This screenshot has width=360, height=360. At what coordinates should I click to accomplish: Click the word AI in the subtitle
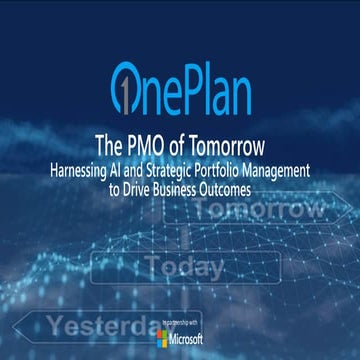[130, 161]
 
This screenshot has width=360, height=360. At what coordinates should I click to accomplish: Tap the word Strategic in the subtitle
[189, 161]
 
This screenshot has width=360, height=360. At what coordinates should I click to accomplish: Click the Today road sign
[184, 267]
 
